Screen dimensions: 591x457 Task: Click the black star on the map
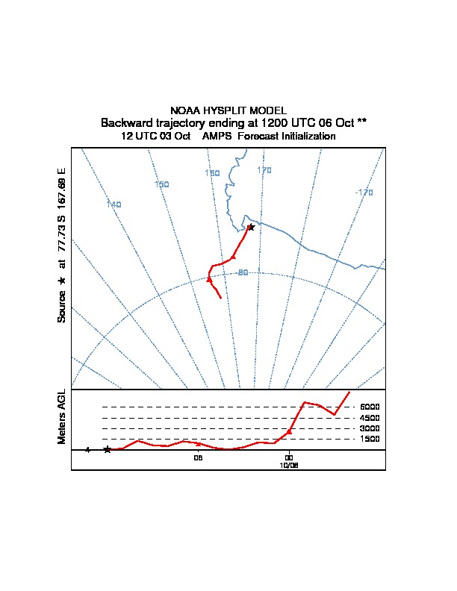tap(251, 227)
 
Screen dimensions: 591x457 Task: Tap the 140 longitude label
tap(114, 204)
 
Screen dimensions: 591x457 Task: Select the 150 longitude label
tap(161, 184)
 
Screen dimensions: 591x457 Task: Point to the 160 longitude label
tap(212, 173)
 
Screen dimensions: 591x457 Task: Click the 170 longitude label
tap(264, 170)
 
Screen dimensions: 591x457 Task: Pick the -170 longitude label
tap(364, 193)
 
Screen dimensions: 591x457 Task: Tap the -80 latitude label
tap(242, 272)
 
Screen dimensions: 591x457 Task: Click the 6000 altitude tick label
tap(370, 407)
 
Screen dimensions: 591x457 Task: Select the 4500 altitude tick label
tap(370, 418)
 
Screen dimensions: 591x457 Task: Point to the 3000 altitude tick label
tap(370, 428)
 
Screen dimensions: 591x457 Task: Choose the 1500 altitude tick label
tap(370, 439)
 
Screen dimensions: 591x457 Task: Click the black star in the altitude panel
tap(108, 449)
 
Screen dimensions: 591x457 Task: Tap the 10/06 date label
tap(288, 464)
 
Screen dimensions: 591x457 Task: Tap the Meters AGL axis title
tap(62, 416)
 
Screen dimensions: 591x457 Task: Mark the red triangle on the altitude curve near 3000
tap(289, 431)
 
